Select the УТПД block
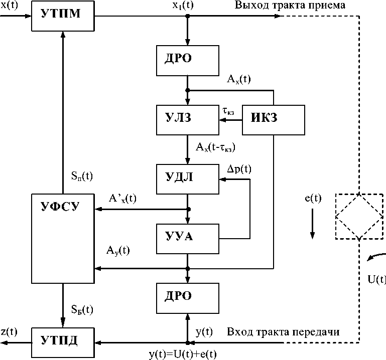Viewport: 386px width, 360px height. pos(62,343)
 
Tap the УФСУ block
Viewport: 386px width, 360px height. pos(62,238)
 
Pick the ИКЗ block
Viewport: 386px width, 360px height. pos(274,120)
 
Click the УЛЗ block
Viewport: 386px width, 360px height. pos(188,120)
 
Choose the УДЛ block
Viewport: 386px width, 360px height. pos(188,178)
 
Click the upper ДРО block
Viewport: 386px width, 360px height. pos(188,60)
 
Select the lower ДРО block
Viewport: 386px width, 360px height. pos(188,297)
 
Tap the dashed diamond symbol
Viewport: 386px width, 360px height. pos(359,217)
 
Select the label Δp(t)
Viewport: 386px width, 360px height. pos(239,169)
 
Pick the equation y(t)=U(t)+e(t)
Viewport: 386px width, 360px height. pos(183,354)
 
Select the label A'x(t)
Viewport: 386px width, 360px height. pos(121,198)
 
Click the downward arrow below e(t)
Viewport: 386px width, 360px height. pos(312,224)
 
